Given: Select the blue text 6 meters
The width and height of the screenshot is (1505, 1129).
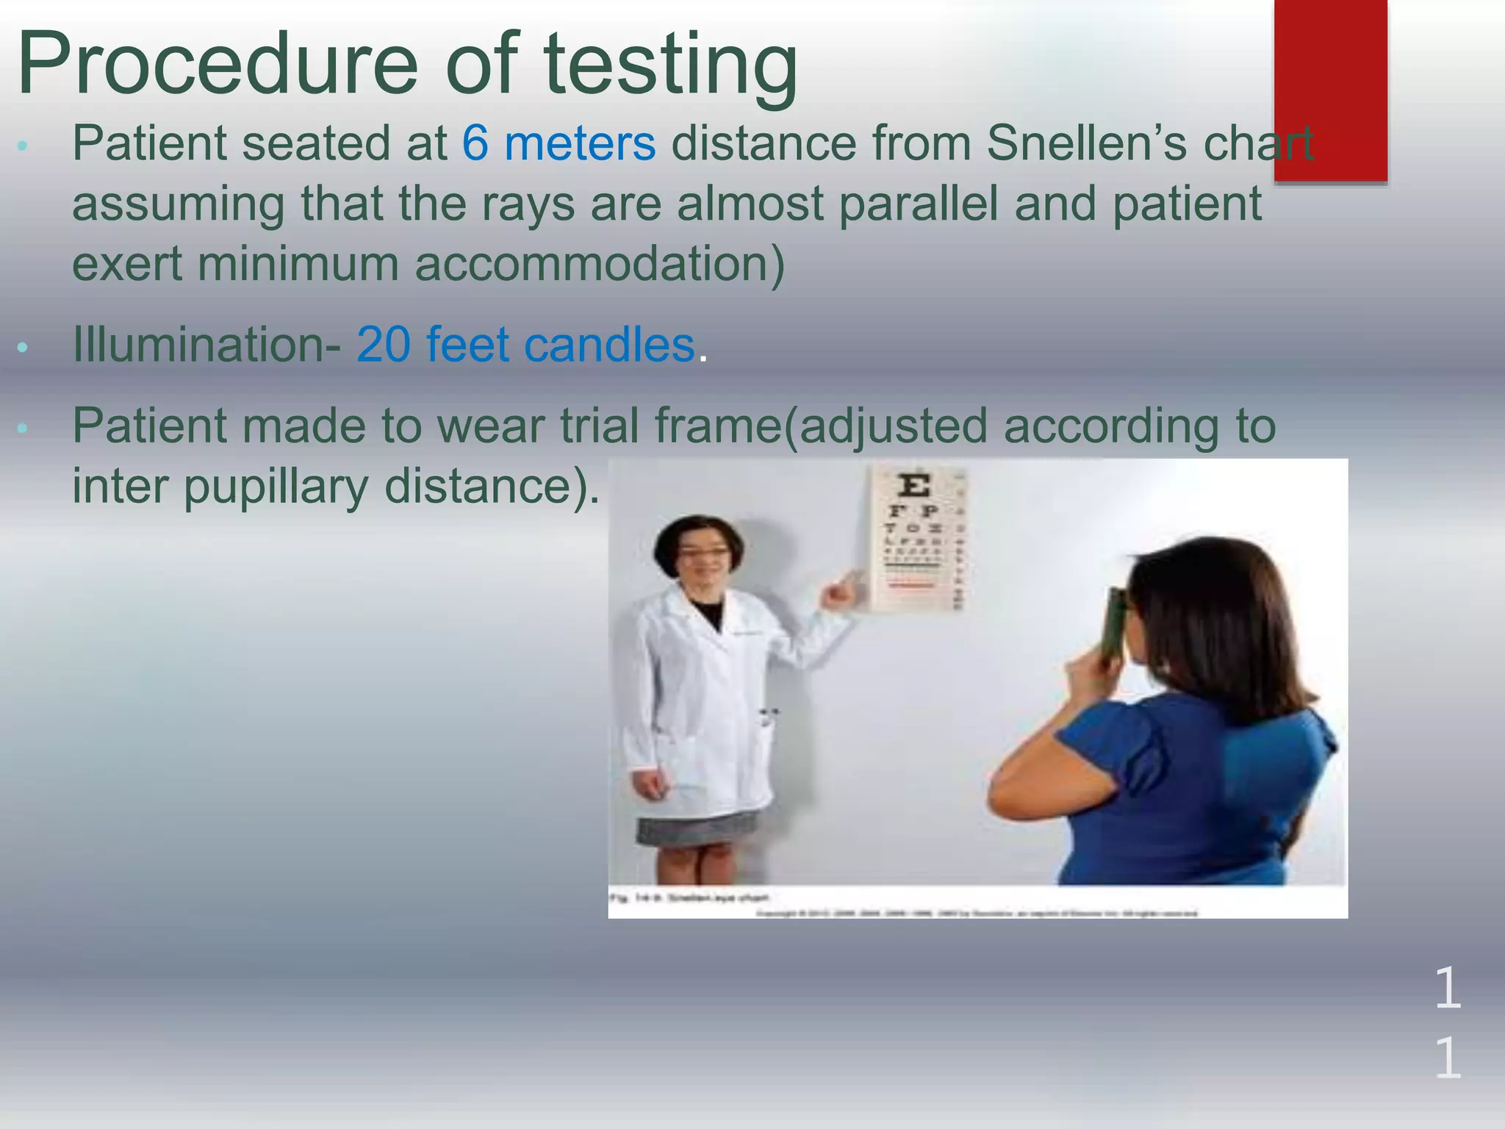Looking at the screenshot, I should click(x=558, y=143).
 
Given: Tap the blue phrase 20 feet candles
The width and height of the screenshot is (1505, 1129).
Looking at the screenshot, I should click(x=525, y=344).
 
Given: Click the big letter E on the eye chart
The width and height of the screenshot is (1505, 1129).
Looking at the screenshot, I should click(x=913, y=486).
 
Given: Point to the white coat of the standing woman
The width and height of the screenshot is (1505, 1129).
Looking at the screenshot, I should click(x=705, y=706).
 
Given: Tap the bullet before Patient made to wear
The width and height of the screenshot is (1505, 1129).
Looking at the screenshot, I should click(x=22, y=428).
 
